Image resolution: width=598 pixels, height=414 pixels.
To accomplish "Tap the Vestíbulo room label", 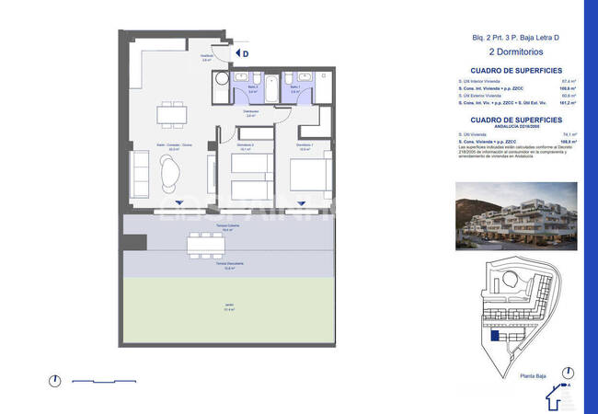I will [x=207, y=57].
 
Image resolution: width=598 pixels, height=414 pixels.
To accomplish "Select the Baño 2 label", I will [x=252, y=91].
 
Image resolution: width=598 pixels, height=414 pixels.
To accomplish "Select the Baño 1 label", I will [x=295, y=91].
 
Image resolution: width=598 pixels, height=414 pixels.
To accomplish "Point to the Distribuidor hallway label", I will [x=250, y=113].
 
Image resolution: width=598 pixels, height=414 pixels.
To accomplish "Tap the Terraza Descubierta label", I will [x=226, y=267].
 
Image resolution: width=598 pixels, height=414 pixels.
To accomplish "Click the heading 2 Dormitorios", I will [x=515, y=53].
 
